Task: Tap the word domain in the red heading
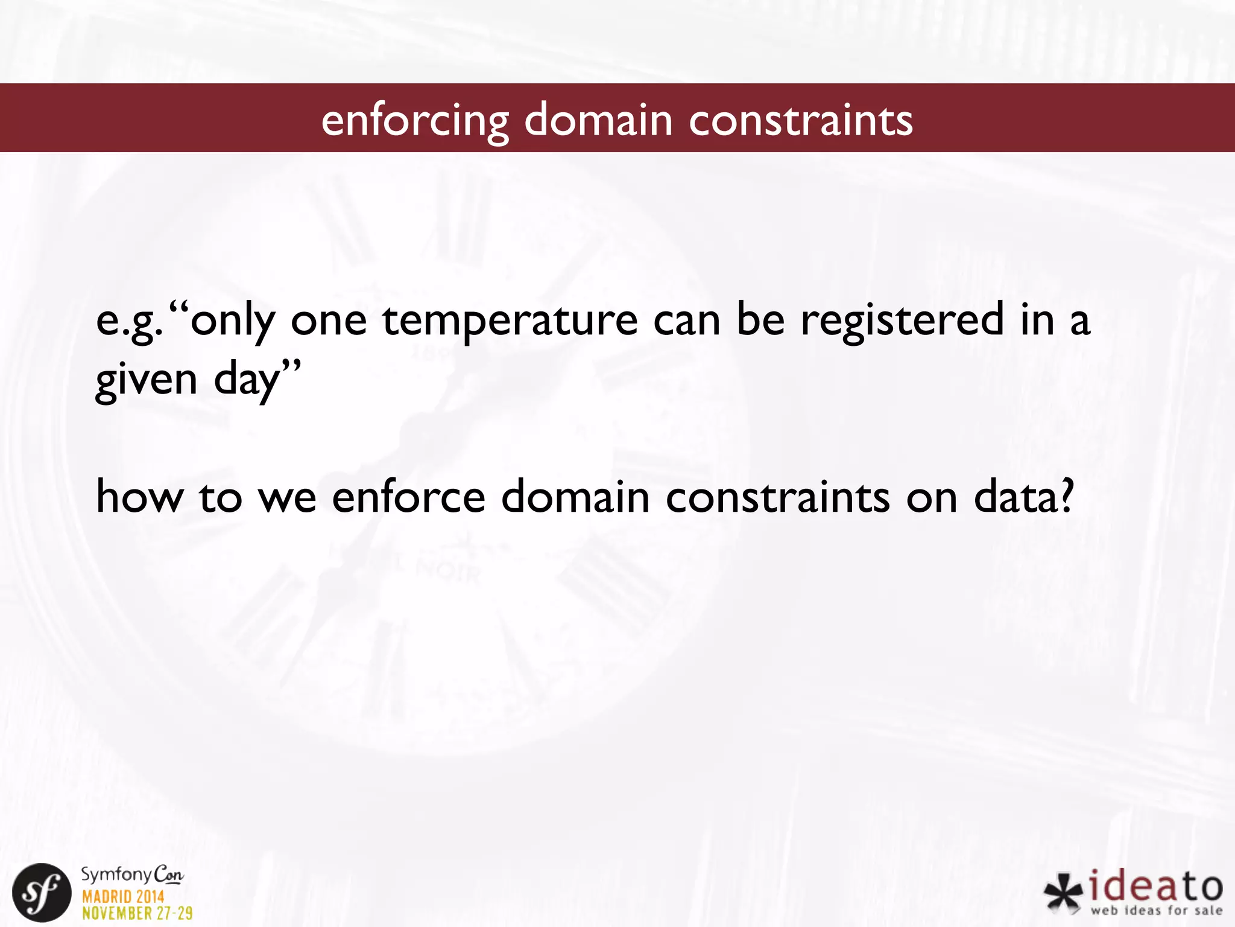(598, 119)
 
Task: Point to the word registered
(902, 322)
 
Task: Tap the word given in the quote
(147, 381)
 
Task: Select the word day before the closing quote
(247, 381)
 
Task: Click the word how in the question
(139, 497)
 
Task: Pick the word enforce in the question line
(408, 497)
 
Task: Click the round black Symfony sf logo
(42, 892)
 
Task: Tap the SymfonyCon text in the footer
(132, 874)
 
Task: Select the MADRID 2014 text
(123, 896)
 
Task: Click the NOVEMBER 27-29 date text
(137, 913)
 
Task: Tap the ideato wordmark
(1155, 887)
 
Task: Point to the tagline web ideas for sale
(1156, 910)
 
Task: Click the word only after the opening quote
(232, 322)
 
